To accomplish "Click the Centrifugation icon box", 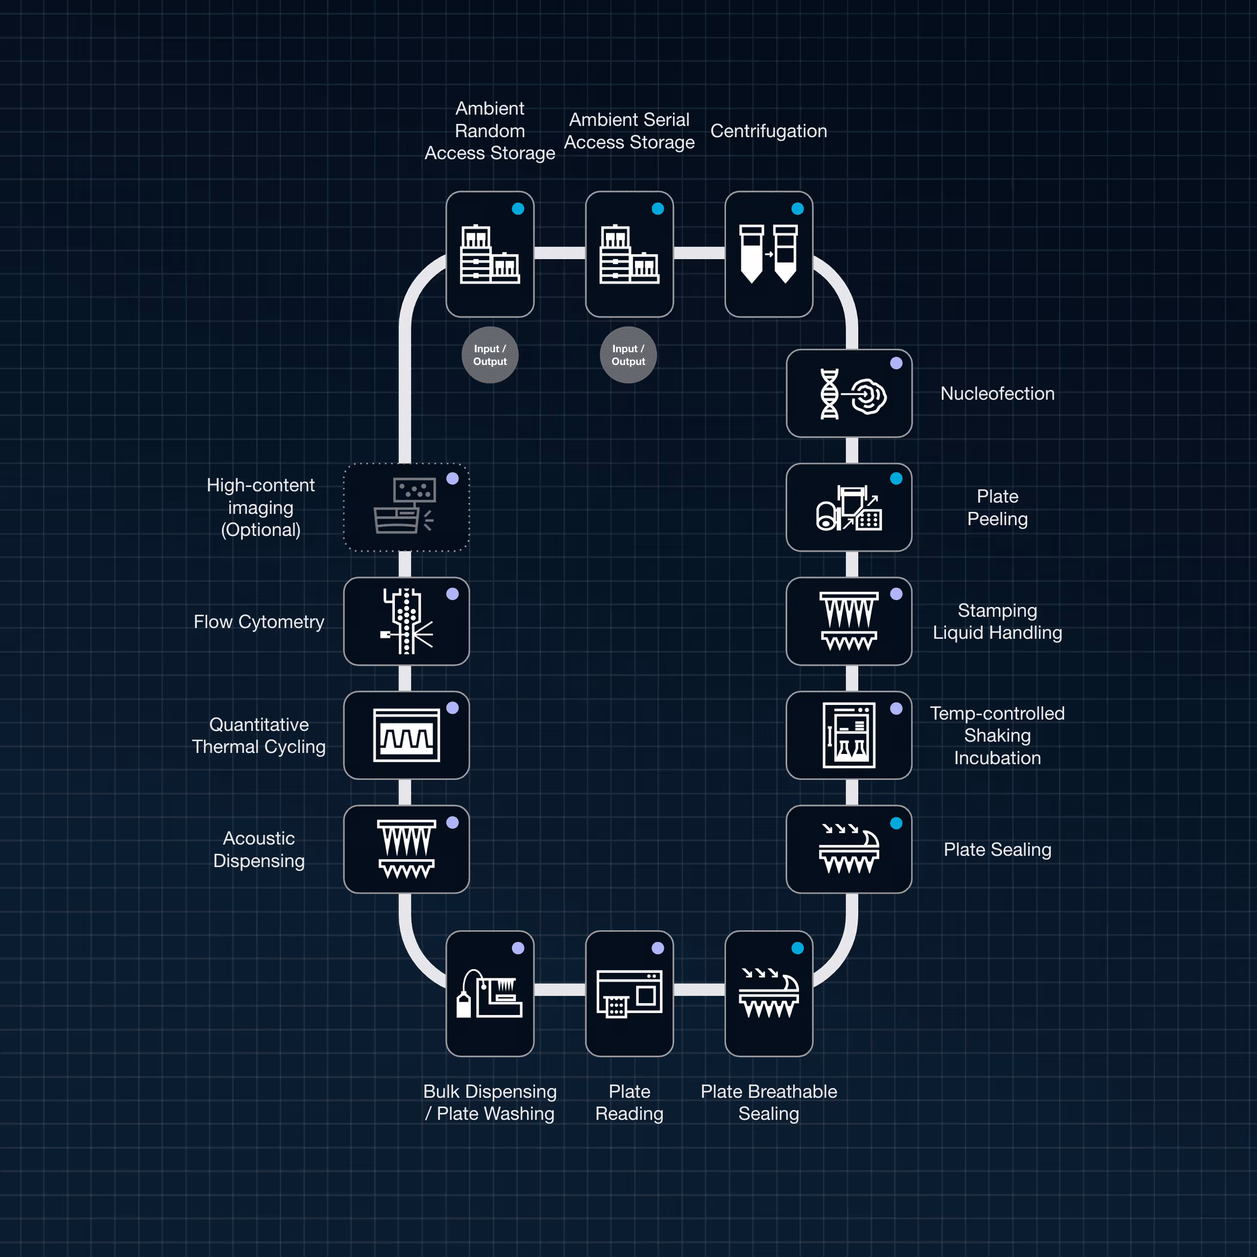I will [x=769, y=254].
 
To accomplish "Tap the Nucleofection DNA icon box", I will [x=848, y=394].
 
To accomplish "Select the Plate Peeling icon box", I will [x=848, y=508].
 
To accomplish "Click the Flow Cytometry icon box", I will [x=406, y=621].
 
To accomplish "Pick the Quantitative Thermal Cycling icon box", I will [x=406, y=735].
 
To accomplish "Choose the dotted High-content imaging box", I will [x=406, y=508].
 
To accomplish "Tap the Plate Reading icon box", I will [x=629, y=993].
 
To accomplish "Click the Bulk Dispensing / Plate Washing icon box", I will [x=490, y=993].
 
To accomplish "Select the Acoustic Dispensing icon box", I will [x=406, y=849].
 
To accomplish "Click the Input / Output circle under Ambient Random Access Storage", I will [x=490, y=355].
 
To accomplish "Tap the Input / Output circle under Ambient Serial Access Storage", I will [x=628, y=355].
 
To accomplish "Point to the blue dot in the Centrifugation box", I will [x=798, y=209].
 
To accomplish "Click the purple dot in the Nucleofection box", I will [x=896, y=363].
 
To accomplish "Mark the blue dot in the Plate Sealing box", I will [x=896, y=823].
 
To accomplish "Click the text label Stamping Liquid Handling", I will [x=997, y=621].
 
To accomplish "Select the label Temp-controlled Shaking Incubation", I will [x=997, y=735].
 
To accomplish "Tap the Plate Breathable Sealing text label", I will [x=769, y=1102].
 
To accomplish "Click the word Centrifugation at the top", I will [x=769, y=131].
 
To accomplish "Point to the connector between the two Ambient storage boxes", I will [x=559, y=253].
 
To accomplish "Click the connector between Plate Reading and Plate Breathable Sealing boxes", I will [x=699, y=990].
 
